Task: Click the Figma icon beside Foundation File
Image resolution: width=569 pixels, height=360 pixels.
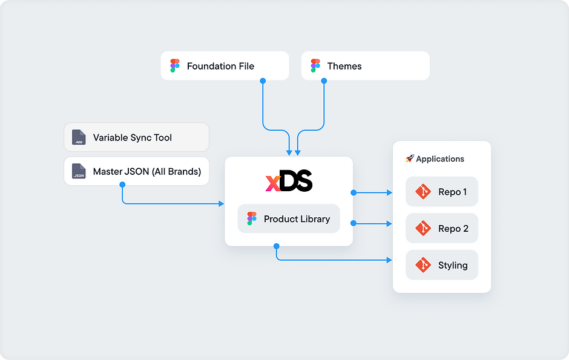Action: [175, 66]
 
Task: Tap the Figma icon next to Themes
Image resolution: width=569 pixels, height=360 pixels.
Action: [315, 66]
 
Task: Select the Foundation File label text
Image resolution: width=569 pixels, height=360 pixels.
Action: [220, 66]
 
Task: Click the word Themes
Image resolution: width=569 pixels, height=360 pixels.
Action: [344, 66]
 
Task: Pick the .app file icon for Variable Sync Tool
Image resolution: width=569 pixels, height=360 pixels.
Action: [79, 137]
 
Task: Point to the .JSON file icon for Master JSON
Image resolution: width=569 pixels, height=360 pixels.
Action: [79, 171]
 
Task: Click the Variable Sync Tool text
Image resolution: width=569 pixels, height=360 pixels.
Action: [133, 137]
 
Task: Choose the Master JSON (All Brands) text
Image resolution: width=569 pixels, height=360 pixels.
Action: [147, 171]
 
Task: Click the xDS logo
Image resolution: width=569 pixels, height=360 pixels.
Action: [289, 181]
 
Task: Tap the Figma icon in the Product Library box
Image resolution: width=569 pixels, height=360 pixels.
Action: [252, 218]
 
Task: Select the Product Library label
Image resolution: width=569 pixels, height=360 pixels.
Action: [297, 219]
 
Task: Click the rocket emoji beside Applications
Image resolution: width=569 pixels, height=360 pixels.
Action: [410, 159]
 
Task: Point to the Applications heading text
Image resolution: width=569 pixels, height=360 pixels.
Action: [440, 159]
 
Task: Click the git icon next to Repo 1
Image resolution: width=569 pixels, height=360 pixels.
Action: [423, 192]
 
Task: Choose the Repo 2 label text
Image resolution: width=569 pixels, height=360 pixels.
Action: [453, 229]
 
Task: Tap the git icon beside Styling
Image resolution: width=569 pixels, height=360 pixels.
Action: [423, 265]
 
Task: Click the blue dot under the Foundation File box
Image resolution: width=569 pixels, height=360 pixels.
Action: [263, 80]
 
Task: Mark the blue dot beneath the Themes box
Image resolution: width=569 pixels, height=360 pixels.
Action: [324, 80]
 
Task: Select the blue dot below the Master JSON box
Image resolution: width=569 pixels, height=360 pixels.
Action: [122, 185]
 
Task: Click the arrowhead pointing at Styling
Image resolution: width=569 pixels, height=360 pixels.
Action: [390, 260]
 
